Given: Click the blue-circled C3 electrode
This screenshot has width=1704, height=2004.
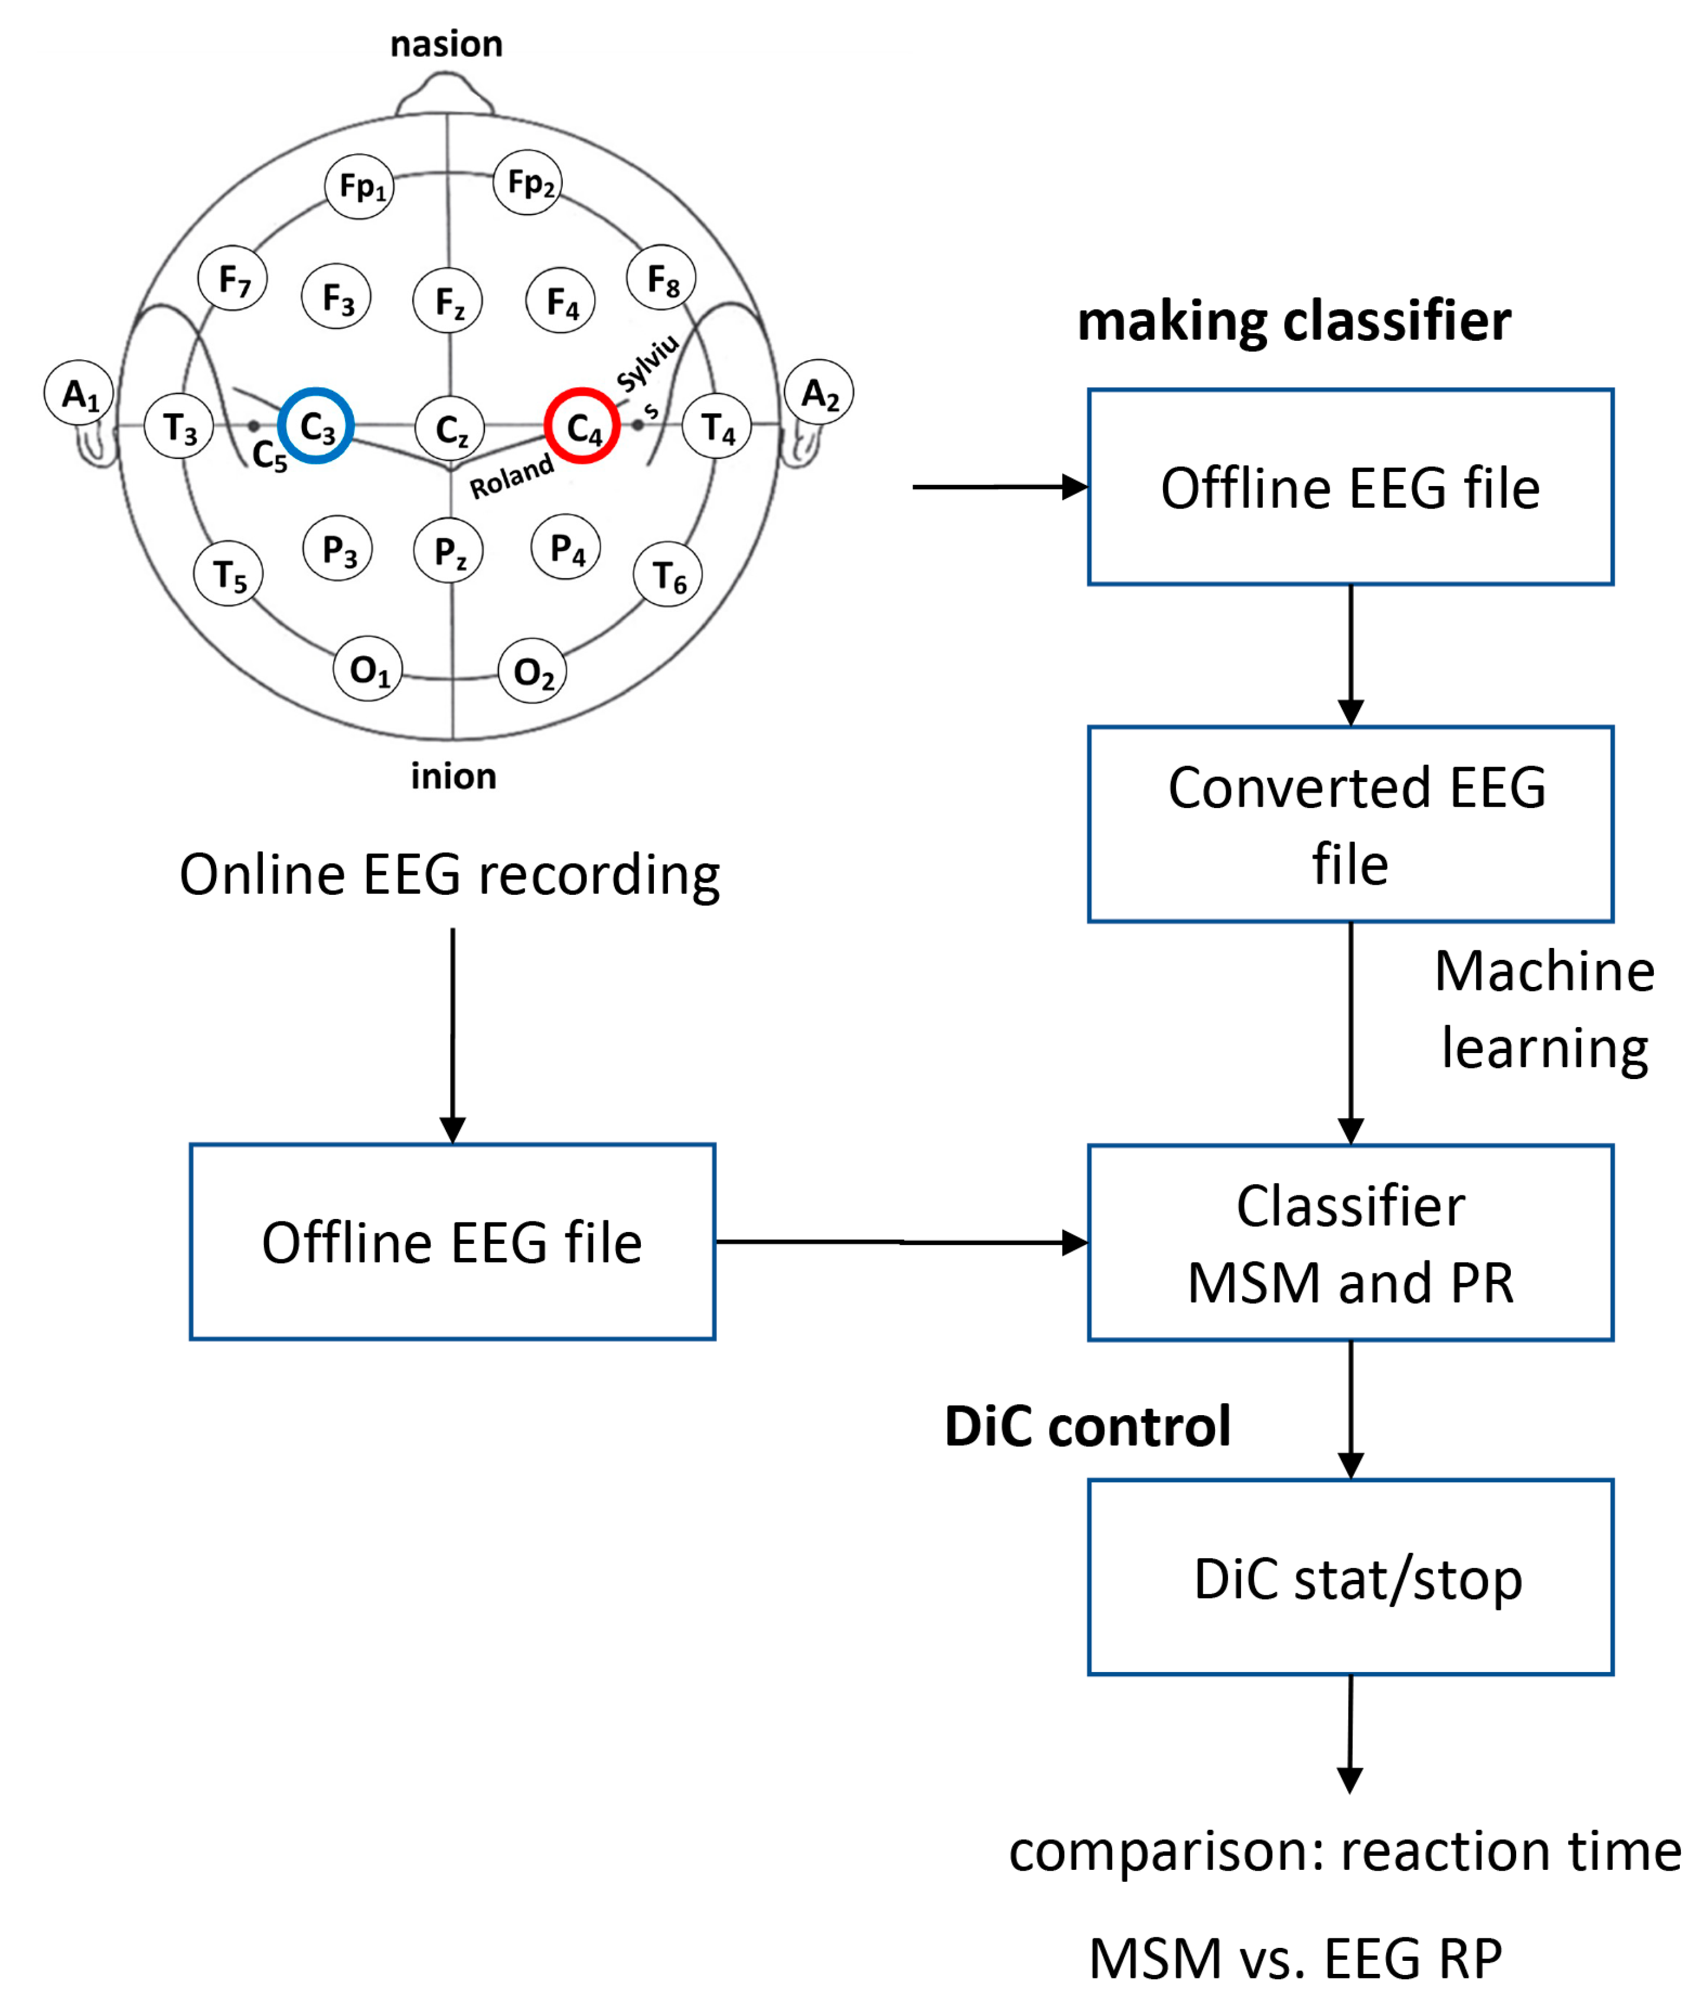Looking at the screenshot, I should pos(316,426).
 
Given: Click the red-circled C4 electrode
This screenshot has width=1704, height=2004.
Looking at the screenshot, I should pos(582,426).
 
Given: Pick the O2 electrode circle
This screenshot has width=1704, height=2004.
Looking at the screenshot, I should pos(532,671).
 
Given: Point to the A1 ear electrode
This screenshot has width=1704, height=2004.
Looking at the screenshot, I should pos(79,393).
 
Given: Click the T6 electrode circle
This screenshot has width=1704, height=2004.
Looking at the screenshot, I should pos(667,576).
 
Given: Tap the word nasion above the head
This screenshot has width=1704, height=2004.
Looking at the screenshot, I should pos(447,44).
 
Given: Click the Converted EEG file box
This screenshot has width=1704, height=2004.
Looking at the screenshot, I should pos(1350,824).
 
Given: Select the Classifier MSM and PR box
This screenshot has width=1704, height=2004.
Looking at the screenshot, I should pos(1350,1243).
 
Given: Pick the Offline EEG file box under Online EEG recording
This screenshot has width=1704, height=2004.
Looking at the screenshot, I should pos(452,1242).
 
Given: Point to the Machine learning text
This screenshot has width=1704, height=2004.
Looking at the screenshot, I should pos(1544,1010).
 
